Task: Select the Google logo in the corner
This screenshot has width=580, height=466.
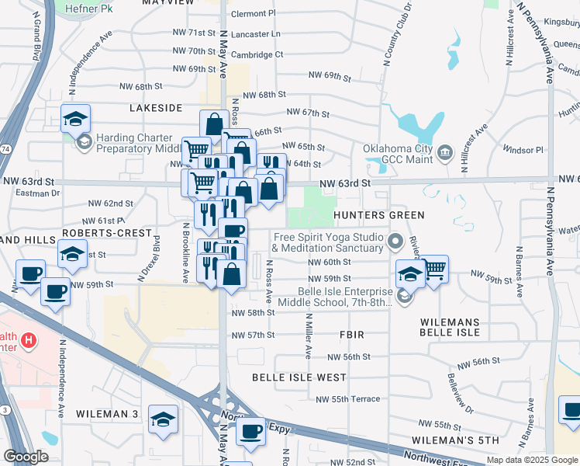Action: (x=26, y=456)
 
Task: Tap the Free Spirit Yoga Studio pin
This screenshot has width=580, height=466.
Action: (x=395, y=241)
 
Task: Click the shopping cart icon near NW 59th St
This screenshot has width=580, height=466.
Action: (x=435, y=268)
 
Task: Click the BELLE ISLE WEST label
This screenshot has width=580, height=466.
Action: (x=299, y=377)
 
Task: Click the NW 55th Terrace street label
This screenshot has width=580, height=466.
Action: (x=348, y=399)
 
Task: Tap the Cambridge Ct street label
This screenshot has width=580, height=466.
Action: (x=256, y=54)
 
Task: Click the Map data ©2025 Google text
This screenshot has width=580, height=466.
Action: (x=530, y=460)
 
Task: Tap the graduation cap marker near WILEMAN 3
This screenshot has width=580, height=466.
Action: (x=162, y=419)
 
